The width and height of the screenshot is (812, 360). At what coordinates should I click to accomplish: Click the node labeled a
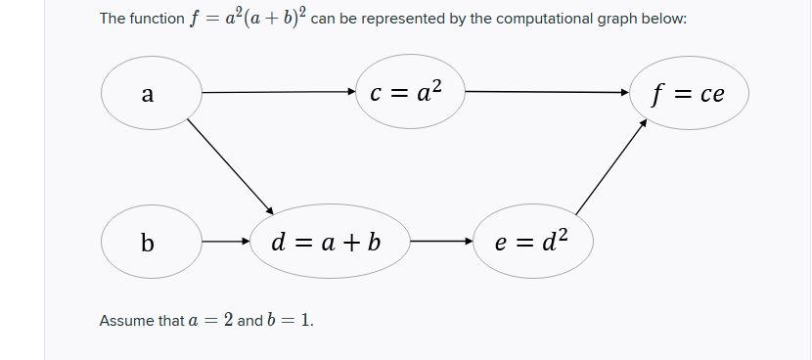coord(147,94)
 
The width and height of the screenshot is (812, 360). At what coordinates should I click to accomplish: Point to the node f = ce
coord(691,94)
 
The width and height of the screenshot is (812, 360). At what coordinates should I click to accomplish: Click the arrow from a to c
coord(279,93)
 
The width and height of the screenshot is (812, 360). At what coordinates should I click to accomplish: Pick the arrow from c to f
coord(547,93)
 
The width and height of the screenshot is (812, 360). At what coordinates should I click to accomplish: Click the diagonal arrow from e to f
coord(611,166)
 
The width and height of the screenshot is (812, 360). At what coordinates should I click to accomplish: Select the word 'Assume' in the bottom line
coord(126,321)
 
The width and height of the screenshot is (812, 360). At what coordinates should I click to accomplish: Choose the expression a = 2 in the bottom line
coord(207,321)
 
